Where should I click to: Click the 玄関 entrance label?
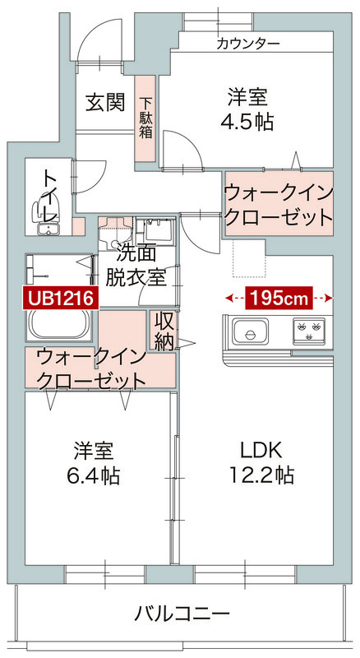[106, 103]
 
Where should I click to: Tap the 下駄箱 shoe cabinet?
[145, 118]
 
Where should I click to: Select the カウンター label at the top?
[248, 44]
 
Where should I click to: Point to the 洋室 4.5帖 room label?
[247, 109]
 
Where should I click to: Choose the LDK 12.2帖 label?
[261, 462]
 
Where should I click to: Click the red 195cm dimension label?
[279, 297]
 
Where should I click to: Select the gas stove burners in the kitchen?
[312, 331]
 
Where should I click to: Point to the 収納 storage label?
[163, 330]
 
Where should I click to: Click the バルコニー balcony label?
[182, 613]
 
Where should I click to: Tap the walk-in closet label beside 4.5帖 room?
[279, 205]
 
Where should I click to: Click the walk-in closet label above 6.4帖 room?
[91, 368]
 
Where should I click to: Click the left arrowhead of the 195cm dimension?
[227, 297]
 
